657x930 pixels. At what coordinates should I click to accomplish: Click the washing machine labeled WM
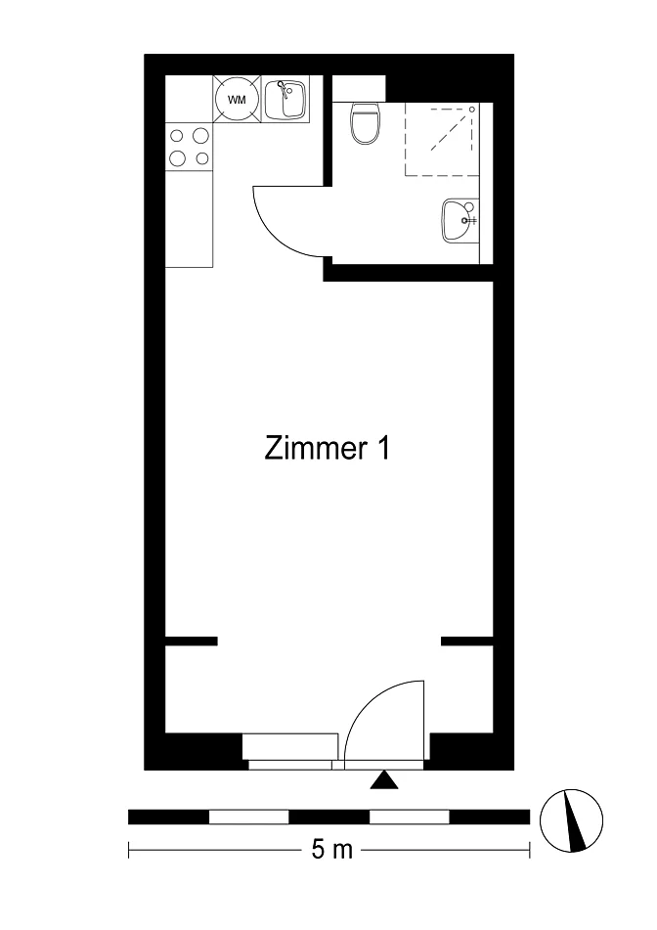click(237, 99)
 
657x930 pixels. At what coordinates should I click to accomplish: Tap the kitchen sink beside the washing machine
click(285, 99)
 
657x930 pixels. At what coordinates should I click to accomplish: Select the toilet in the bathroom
click(364, 123)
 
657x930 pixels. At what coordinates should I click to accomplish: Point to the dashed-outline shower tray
click(441, 140)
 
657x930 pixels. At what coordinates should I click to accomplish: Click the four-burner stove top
click(189, 147)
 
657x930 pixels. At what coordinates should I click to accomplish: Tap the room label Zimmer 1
click(327, 449)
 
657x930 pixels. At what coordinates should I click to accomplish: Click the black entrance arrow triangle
click(384, 780)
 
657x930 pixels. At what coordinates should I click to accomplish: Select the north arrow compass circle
click(571, 821)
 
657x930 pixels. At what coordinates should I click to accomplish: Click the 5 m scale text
click(332, 851)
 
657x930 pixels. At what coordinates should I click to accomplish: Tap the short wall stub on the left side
click(192, 642)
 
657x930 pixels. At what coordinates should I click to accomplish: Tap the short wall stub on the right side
click(467, 642)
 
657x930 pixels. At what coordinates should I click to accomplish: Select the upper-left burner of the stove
click(177, 136)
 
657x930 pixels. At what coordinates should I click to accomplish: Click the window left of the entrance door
click(290, 751)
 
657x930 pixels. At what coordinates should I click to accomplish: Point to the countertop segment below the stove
click(189, 219)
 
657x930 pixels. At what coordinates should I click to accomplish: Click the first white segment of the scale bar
click(249, 818)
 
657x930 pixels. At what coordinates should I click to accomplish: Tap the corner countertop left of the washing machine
click(189, 99)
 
